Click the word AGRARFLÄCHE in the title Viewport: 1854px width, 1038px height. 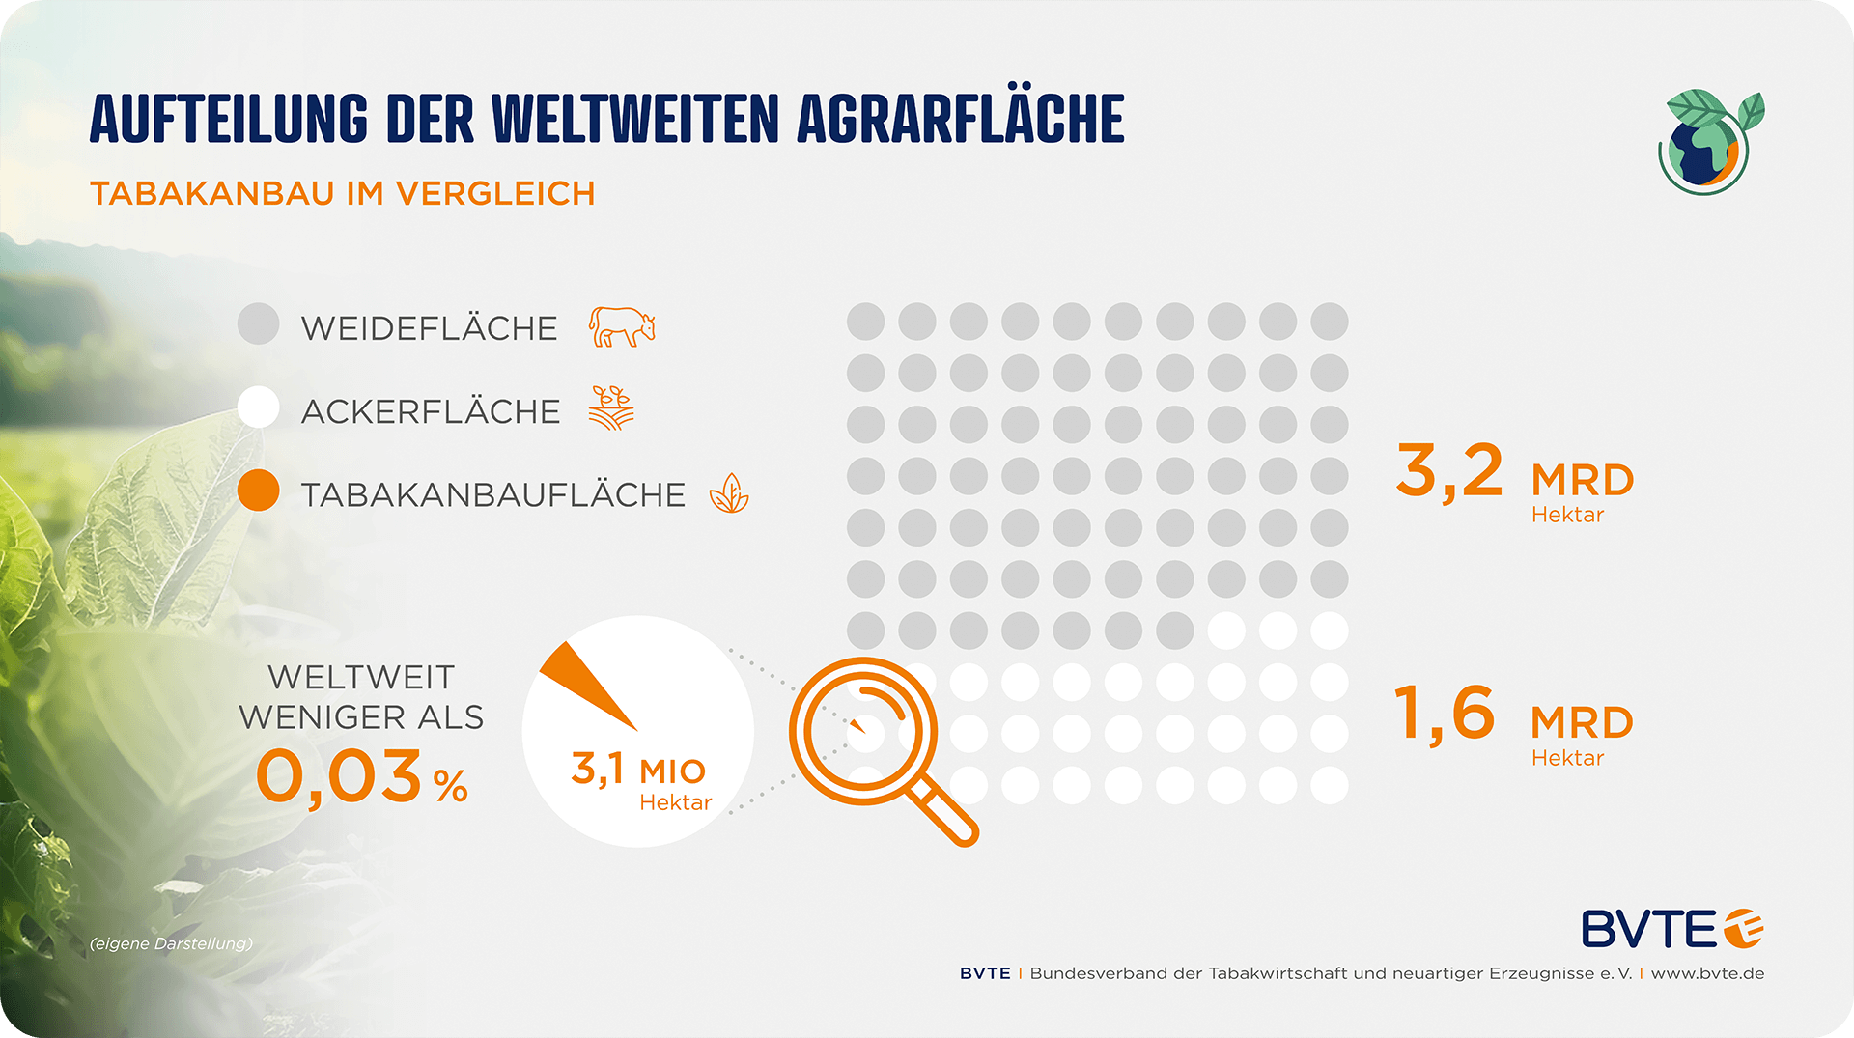pos(961,120)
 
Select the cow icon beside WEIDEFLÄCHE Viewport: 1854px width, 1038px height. pos(622,327)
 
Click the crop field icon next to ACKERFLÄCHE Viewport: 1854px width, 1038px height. pos(611,407)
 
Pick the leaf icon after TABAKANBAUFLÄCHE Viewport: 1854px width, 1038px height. pos(729,493)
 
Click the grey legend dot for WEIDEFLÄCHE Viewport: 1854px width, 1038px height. pos(259,324)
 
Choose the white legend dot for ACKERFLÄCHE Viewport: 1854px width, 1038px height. pos(259,407)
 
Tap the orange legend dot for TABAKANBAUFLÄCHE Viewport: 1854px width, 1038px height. pos(259,491)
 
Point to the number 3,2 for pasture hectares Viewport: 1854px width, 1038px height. pos(1449,471)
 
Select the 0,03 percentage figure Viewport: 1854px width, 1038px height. pos(340,777)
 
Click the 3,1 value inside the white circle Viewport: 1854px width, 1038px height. pos(598,769)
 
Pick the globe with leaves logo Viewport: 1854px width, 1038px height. pos(1707,144)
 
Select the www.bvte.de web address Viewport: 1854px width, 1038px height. pos(1707,973)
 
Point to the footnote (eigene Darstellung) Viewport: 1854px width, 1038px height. pos(171,943)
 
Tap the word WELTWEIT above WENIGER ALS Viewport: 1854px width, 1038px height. pos(361,677)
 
